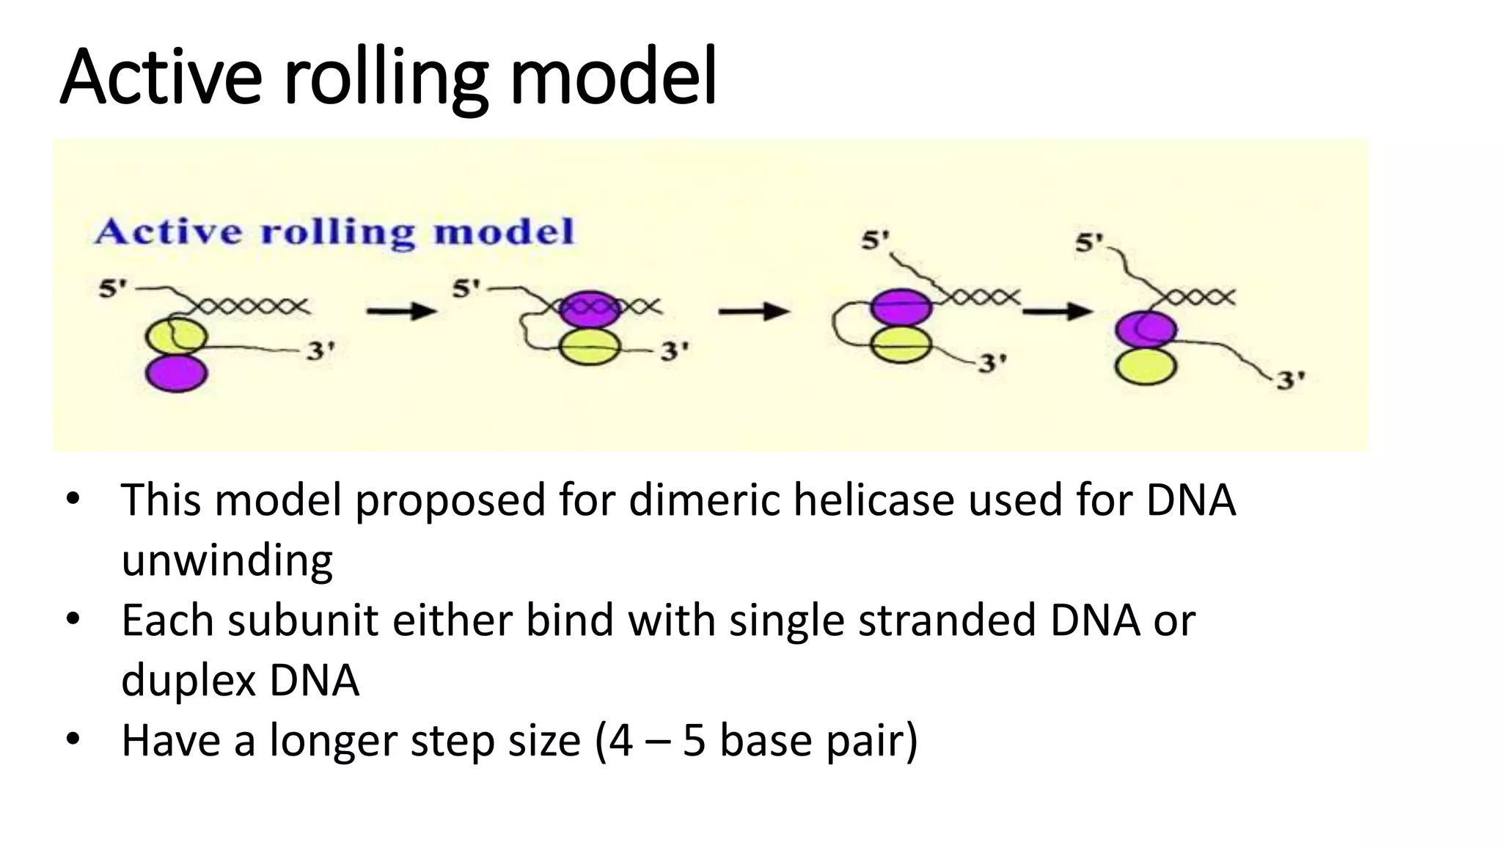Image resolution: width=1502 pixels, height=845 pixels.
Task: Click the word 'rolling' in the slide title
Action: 386,78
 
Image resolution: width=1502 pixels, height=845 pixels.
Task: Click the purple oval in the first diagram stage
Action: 176,373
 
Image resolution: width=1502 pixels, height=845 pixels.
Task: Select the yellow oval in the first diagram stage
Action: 177,337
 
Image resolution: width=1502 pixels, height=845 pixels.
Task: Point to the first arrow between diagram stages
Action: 401,312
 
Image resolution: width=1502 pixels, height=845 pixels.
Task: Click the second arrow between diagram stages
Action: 753,312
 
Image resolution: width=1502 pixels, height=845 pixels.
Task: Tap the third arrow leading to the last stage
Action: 1058,312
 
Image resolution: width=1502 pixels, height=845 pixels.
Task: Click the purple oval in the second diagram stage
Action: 590,309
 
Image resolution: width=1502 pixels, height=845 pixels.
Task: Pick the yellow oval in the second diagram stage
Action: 590,348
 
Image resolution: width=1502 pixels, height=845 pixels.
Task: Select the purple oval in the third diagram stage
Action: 901,307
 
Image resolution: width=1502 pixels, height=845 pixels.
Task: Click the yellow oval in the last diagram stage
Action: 1146,366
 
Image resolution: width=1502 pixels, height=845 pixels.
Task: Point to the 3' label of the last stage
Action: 1291,381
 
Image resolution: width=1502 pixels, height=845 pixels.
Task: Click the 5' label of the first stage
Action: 113,289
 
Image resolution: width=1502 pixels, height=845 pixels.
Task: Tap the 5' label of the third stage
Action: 875,240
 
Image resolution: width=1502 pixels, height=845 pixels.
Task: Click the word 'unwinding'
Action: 227,560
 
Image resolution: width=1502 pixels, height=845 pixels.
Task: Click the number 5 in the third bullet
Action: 694,741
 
